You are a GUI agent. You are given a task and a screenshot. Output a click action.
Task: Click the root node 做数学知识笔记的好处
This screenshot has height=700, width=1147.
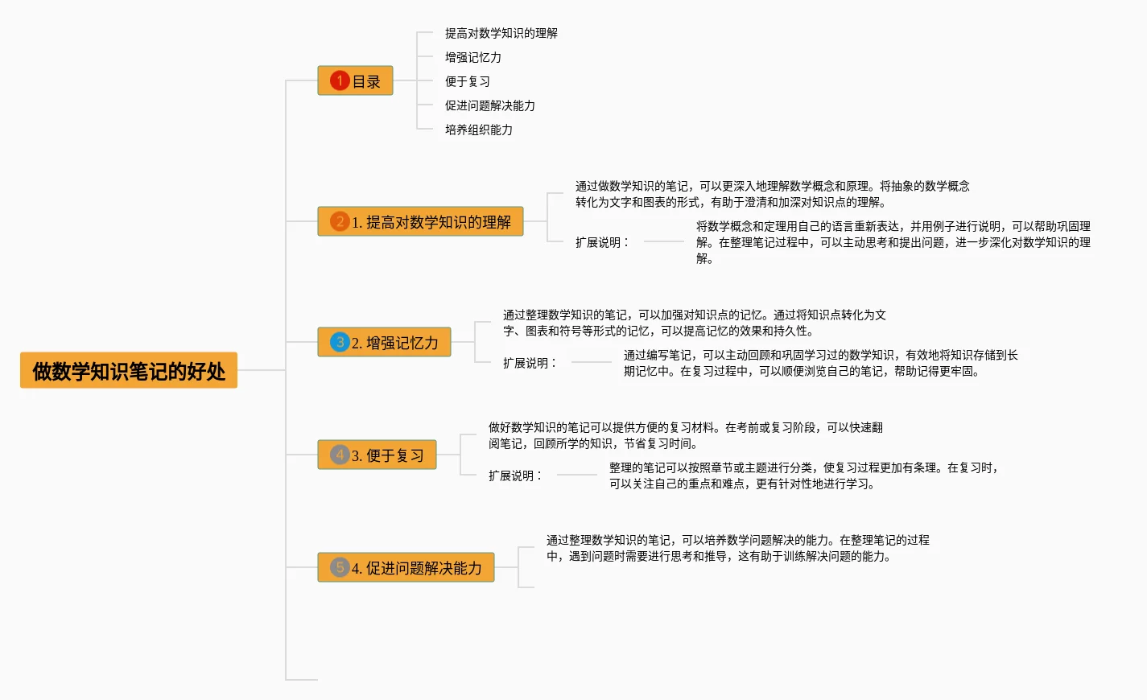point(129,371)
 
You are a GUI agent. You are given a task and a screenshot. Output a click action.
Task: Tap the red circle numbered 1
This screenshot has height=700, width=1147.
point(340,81)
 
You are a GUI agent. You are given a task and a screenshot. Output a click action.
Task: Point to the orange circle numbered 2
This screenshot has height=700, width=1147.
point(340,221)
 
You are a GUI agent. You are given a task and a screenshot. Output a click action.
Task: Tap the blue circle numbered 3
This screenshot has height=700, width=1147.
point(340,342)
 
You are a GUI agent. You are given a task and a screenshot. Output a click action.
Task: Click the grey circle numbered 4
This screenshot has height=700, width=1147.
point(340,455)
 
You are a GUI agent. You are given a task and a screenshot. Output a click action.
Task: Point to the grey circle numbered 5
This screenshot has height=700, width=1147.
point(340,567)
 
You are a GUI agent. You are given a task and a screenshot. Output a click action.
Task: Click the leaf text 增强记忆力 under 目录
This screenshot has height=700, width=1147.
point(473,57)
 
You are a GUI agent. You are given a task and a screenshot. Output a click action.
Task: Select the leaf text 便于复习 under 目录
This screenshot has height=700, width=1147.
point(468,81)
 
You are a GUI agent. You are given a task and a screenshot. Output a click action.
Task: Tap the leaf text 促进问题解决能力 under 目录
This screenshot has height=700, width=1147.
point(490,105)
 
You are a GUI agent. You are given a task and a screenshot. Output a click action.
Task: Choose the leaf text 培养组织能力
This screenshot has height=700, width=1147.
point(479,130)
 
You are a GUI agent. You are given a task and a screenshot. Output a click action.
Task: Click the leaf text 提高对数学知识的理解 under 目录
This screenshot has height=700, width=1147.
point(501,33)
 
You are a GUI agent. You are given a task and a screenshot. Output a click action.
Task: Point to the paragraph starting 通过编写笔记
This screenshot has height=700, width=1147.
point(820,363)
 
